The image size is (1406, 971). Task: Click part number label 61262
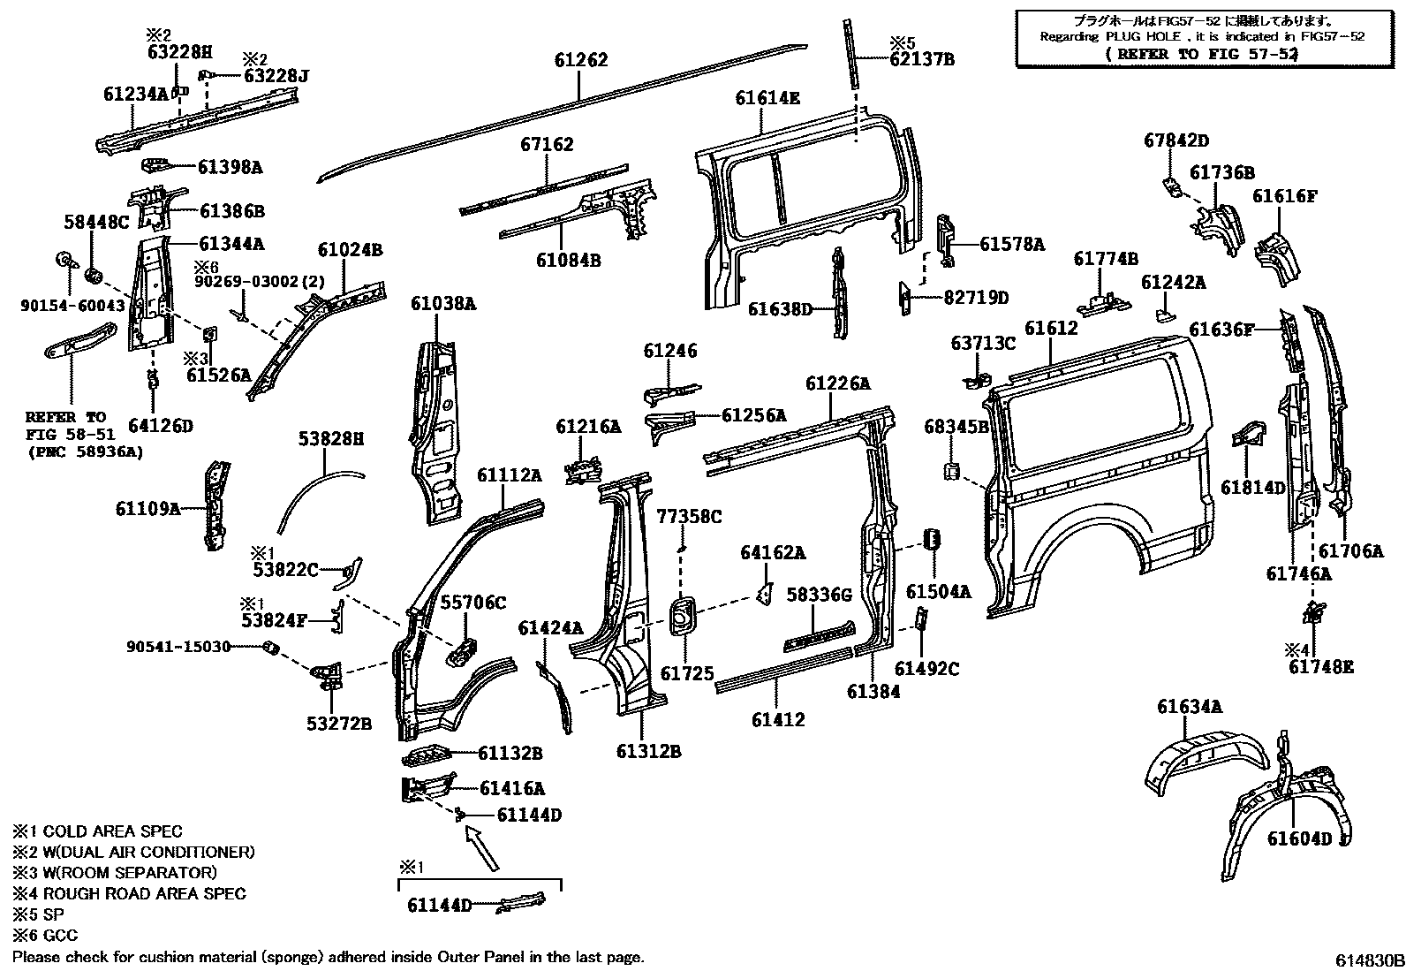(x=581, y=60)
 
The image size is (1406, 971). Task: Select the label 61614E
(x=767, y=98)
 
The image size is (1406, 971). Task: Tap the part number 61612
(x=1051, y=328)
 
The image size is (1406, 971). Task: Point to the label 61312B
(x=649, y=752)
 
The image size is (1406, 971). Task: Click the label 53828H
(x=330, y=438)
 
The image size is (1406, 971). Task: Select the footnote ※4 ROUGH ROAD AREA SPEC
(x=129, y=893)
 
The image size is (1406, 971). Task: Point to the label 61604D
(x=1299, y=838)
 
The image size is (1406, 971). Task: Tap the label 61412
(x=778, y=719)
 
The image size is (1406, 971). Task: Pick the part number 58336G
(x=819, y=595)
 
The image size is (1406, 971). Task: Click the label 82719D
(x=976, y=298)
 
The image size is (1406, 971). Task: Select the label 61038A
(x=443, y=304)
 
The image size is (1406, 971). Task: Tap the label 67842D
(x=1176, y=140)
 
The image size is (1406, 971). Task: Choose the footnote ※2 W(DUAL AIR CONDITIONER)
(x=133, y=852)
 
